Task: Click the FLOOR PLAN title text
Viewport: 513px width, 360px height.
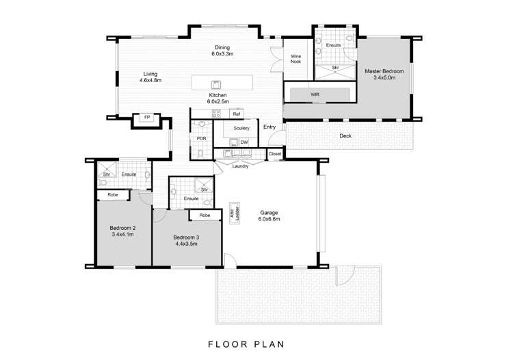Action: [x=246, y=344]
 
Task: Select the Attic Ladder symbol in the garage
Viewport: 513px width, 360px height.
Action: [x=235, y=213]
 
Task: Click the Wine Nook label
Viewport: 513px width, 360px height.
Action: [x=295, y=59]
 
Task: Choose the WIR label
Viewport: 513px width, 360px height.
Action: [x=315, y=94]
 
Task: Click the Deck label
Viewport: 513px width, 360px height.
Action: [x=345, y=136]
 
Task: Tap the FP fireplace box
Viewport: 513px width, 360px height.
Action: [x=147, y=118]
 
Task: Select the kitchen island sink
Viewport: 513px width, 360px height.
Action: [x=215, y=84]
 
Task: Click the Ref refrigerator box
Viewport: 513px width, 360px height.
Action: [x=237, y=114]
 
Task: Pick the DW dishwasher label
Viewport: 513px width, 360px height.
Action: [x=244, y=142]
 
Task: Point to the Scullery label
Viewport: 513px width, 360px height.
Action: [x=241, y=128]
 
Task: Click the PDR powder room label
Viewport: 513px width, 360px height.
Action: [x=202, y=139]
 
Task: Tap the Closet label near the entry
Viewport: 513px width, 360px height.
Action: [x=275, y=154]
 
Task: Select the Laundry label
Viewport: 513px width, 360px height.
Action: [x=240, y=166]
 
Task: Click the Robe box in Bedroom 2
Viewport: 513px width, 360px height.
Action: [x=113, y=195]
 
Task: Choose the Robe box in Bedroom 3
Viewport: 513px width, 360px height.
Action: [x=205, y=215]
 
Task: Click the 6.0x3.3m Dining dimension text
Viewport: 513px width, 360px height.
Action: [x=222, y=53]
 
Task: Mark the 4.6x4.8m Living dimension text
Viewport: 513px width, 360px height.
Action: [x=150, y=80]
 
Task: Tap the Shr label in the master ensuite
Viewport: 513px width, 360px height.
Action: [x=335, y=68]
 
